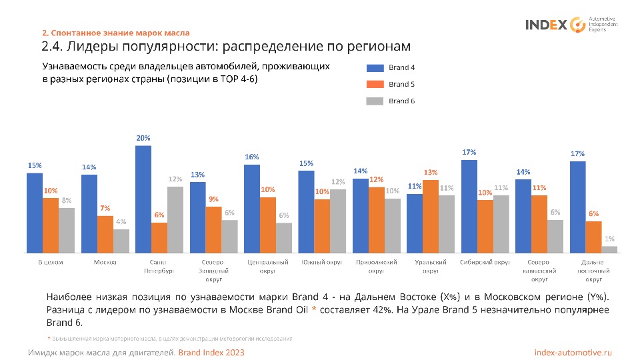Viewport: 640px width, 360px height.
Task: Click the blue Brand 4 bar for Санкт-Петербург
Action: tap(143, 199)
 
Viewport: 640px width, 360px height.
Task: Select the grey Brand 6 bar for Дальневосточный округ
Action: tap(609, 249)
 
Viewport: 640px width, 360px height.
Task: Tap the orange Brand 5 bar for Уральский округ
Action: tap(431, 216)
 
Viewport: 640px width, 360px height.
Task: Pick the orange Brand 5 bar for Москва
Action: tap(105, 234)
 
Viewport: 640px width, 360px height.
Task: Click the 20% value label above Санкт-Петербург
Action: tap(143, 138)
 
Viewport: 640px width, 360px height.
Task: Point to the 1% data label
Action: tap(609, 239)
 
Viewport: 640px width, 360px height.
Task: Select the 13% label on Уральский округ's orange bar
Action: tap(431, 172)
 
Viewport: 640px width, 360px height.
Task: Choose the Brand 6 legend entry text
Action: tap(402, 101)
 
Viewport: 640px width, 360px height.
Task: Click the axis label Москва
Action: tap(105, 262)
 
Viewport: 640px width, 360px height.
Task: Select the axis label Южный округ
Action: tap(322, 262)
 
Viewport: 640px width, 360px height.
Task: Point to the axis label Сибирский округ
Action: tap(485, 262)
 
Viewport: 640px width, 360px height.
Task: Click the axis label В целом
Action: tap(51, 262)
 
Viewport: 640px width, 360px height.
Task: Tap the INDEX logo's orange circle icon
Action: tap(577, 25)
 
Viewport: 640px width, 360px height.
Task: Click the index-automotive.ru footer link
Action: tap(573, 352)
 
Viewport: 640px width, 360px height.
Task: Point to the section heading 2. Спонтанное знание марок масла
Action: tap(116, 33)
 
